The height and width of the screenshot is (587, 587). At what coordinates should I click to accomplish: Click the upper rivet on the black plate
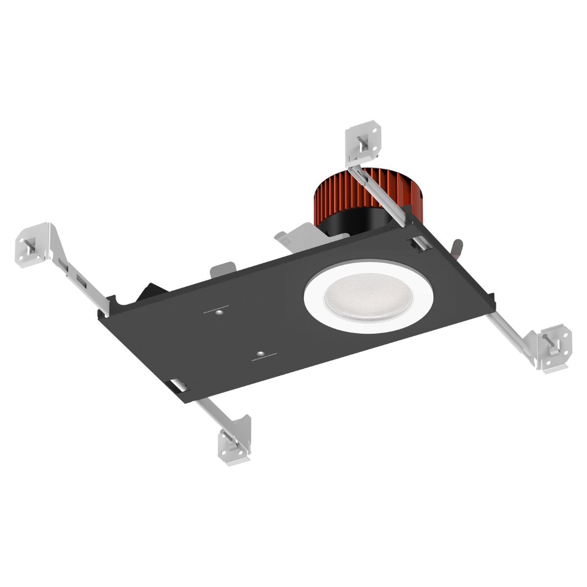[220, 311]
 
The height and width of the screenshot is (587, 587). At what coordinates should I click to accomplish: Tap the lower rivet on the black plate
[262, 352]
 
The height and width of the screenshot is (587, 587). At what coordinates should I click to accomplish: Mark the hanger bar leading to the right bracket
[509, 333]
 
